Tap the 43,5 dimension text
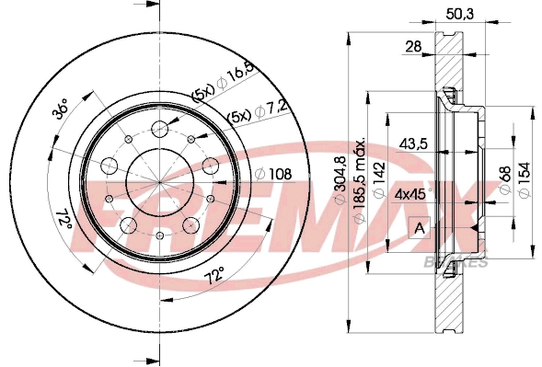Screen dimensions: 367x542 click(415, 143)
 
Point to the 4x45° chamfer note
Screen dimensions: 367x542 click(412, 195)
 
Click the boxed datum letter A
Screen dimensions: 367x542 click(421, 227)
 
